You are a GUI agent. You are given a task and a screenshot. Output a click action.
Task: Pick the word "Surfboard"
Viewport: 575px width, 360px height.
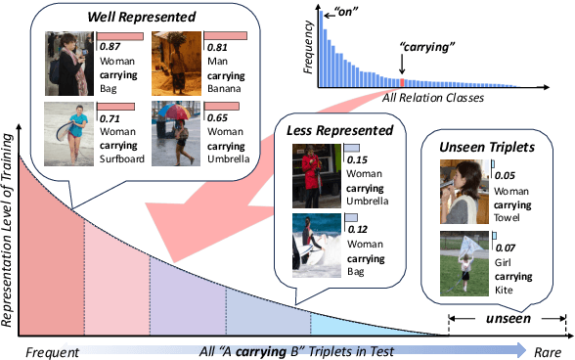click(120, 157)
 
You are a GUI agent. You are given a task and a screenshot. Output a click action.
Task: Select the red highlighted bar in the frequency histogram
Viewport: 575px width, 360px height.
click(402, 83)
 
